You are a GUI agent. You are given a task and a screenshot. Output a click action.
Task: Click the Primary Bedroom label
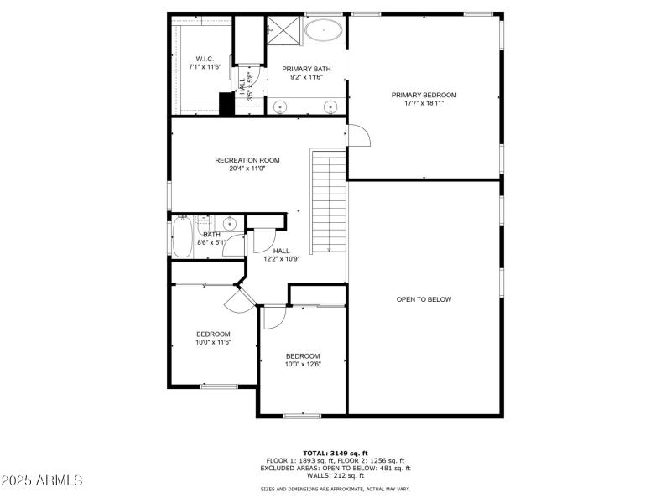tap(424, 95)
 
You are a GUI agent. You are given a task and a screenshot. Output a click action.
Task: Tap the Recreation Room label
tap(247, 160)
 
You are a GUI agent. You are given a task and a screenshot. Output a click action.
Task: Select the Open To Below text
tap(424, 299)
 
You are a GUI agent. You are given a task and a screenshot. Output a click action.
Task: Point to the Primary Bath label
tap(306, 69)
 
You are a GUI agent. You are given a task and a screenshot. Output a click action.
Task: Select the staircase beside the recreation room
tap(329, 201)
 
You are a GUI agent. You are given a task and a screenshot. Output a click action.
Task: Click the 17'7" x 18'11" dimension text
tap(424, 103)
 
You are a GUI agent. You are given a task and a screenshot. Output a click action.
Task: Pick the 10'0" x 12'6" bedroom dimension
tap(303, 364)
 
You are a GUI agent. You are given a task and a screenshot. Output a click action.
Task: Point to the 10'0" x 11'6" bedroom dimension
tap(214, 342)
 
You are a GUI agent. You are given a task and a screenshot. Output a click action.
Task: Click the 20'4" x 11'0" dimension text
tap(247, 169)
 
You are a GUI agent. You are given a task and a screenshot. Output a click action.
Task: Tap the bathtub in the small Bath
tap(182, 237)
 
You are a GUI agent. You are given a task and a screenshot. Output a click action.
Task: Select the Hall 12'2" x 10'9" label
tap(281, 254)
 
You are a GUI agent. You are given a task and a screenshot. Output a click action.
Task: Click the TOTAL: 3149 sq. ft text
tap(335, 453)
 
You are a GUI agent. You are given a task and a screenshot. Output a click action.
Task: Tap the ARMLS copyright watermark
tap(42, 480)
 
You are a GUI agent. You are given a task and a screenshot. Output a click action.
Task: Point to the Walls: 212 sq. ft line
tap(335, 474)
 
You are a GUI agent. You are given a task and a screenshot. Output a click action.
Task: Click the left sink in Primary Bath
tap(280, 106)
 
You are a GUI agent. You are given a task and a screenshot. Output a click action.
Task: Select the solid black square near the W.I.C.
tap(226, 103)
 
